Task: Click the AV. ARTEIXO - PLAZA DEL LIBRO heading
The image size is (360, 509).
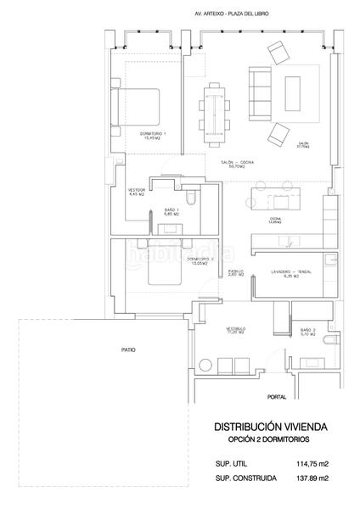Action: [228, 14]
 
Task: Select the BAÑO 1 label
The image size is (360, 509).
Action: [172, 211]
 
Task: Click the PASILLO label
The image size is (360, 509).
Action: [235, 272]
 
